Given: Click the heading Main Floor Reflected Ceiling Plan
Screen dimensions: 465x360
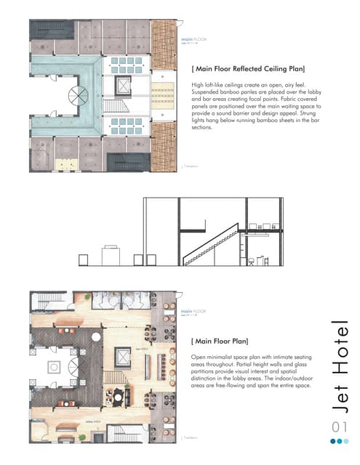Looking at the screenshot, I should pyautogui.click(x=247, y=69).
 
